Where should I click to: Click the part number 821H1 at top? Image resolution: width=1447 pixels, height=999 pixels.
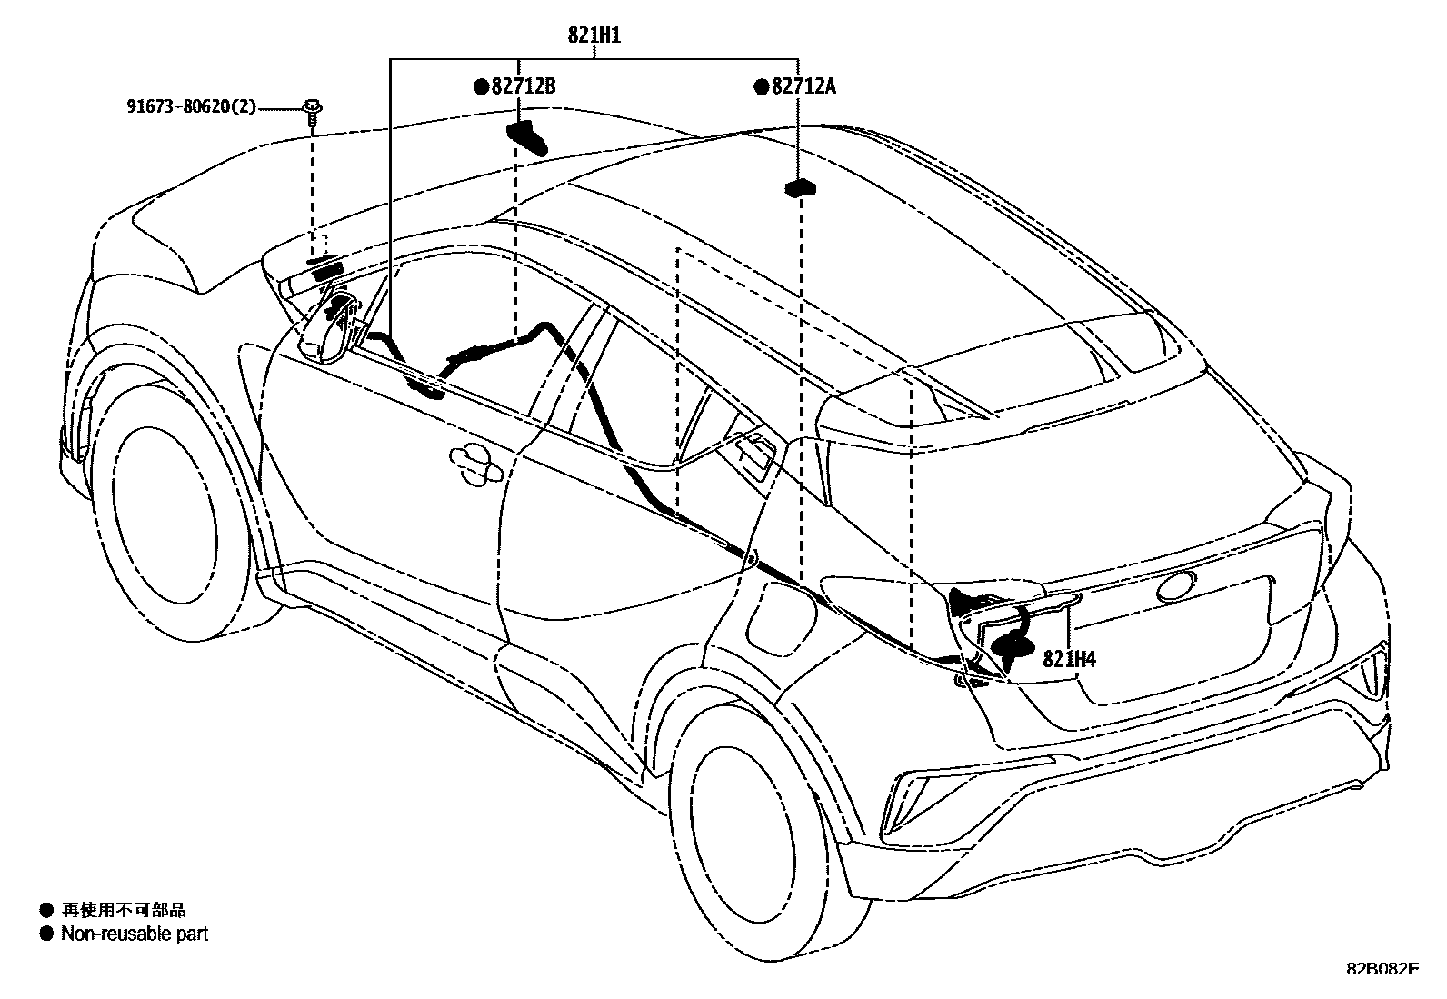[594, 35]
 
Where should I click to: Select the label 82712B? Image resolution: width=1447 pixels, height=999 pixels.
[524, 86]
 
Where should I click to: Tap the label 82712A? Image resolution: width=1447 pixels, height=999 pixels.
[803, 86]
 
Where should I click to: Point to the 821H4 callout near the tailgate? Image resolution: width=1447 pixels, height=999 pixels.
[1069, 659]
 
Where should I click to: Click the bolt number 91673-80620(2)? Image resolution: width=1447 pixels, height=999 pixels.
[191, 106]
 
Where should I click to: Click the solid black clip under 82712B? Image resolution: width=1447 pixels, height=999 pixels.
[527, 137]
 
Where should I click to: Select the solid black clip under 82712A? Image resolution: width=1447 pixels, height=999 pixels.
[801, 187]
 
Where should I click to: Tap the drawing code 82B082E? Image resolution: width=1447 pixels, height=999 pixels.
[1383, 968]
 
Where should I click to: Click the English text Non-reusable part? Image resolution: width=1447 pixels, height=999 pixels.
[135, 934]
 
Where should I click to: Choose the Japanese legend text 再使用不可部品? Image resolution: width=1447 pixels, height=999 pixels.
[124, 910]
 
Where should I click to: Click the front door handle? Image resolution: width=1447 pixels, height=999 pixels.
[475, 464]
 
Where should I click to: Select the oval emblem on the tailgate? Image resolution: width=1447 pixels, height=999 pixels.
[1176, 587]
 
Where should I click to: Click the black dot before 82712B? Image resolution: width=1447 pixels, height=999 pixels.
[481, 86]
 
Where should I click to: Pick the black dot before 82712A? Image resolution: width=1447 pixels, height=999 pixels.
[761, 86]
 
